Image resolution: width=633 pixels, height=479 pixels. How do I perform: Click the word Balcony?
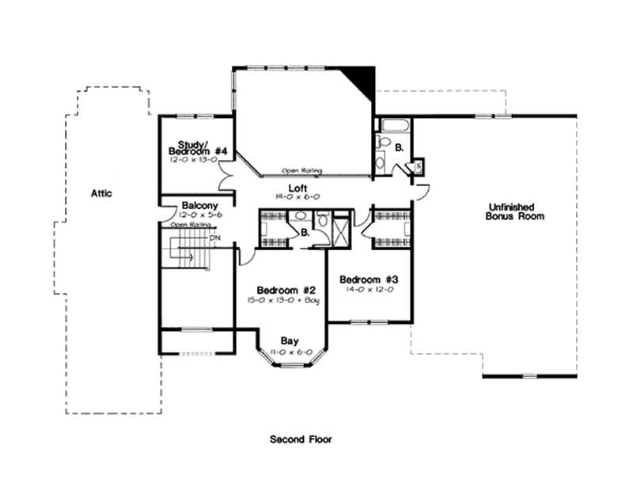click(194, 204)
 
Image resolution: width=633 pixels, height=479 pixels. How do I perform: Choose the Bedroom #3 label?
click(369, 279)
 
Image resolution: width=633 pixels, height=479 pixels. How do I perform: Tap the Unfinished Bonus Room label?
click(515, 211)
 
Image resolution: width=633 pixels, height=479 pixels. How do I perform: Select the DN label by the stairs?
click(214, 237)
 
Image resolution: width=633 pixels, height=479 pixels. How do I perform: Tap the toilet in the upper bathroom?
click(385, 143)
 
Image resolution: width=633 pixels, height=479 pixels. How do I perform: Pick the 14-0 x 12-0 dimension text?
click(369, 290)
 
